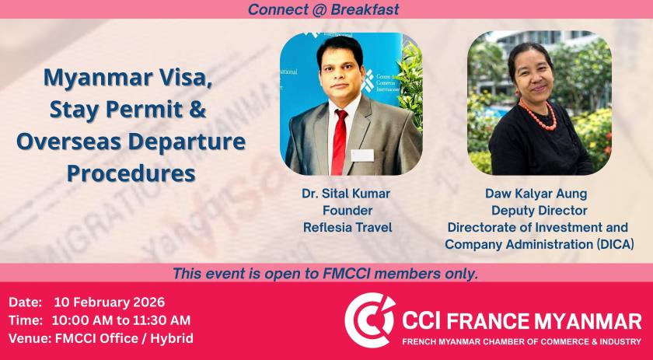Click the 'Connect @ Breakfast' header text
pos(323,9)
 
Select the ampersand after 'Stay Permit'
pos(197,109)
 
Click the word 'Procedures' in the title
pos(131,173)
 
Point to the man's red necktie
pos(340,142)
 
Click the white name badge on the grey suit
pos(362,156)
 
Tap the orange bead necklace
pos(538,116)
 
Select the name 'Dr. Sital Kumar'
pos(346,194)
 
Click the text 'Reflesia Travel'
pos(347,228)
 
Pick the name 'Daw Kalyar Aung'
pos(536,194)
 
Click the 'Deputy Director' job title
pos(540,211)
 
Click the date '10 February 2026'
pos(110,302)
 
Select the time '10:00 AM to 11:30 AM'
pos(121,320)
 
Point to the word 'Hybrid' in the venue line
pos(172,338)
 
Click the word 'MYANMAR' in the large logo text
pos(588,321)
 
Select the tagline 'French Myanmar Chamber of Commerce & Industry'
pos(522,341)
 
